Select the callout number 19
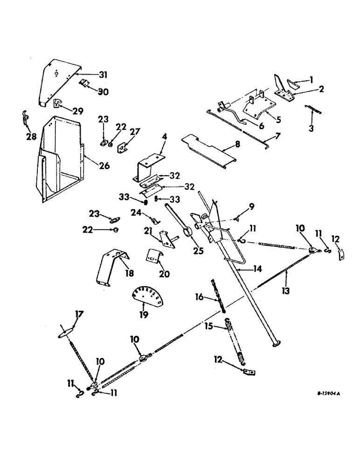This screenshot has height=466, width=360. (144, 314)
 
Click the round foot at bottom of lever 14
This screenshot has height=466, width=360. (275, 343)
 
